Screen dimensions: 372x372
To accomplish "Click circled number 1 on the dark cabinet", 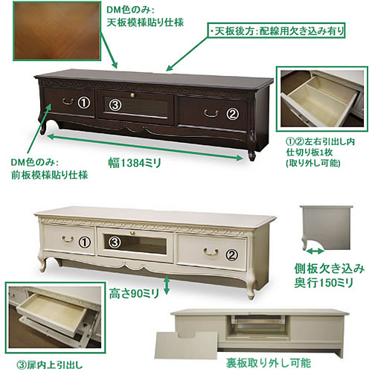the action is click(x=84, y=103).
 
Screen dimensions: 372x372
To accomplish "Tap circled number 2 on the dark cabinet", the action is click(x=232, y=114).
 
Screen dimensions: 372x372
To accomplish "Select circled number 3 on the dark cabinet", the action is click(x=115, y=105).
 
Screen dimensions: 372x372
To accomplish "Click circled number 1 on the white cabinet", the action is click(x=85, y=242).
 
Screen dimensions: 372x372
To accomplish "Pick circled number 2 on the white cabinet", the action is click(x=232, y=255).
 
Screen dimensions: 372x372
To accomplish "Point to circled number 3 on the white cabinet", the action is click(x=115, y=242).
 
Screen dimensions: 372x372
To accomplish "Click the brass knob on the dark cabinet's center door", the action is click(x=132, y=94).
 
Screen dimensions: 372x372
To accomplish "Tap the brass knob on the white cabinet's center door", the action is click(x=132, y=233).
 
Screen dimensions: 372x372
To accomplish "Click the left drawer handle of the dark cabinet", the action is click(x=68, y=101).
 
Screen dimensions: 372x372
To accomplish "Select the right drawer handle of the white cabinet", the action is click(x=211, y=251).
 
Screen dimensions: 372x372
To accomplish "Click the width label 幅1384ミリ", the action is click(x=135, y=163).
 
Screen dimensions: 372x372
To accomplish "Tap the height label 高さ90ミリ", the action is click(x=134, y=294).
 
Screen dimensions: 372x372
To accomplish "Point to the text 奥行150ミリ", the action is click(x=324, y=283).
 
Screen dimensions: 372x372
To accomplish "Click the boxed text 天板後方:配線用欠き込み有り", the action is click(x=276, y=31).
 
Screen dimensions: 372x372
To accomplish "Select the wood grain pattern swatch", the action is click(x=57, y=31).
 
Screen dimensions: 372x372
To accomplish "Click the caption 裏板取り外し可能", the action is click(x=269, y=363).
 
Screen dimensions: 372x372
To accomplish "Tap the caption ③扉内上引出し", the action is click(x=50, y=365).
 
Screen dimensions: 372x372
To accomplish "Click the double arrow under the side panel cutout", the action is click(x=315, y=251).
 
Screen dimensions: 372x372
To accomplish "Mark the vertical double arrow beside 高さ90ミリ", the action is click(x=167, y=285).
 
